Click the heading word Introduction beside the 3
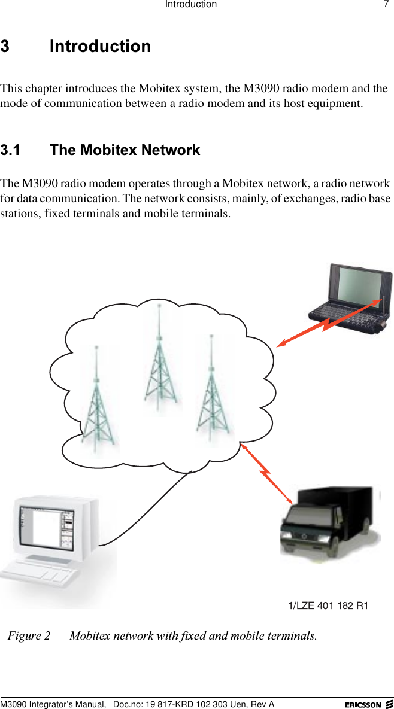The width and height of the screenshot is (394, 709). pyautogui.click(x=100, y=47)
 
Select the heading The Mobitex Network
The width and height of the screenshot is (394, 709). pyautogui.click(x=125, y=150)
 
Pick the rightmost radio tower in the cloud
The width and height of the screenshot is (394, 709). pyautogui.click(x=211, y=389)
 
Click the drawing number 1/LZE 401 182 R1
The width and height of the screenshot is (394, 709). pyautogui.click(x=328, y=606)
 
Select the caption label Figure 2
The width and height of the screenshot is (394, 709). pyautogui.click(x=29, y=635)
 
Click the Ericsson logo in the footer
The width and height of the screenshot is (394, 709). pyautogui.click(x=368, y=704)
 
